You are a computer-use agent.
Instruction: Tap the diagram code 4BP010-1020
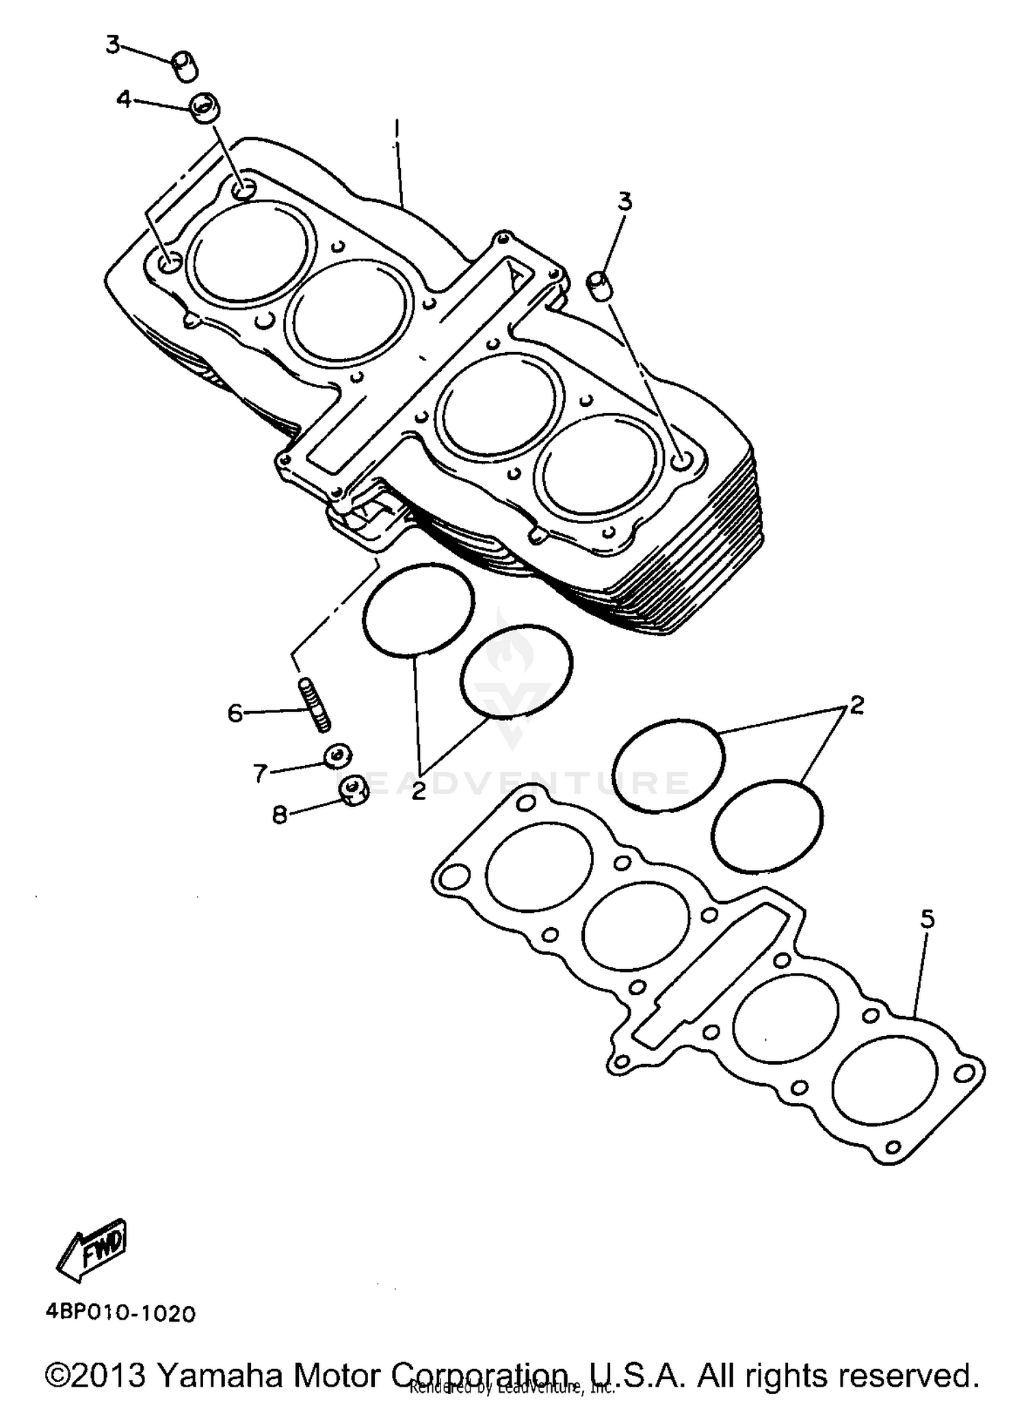coord(120,1313)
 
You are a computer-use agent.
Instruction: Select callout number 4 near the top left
coord(123,100)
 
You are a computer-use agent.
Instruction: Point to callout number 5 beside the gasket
coord(927,920)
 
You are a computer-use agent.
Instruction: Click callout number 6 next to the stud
coord(235,714)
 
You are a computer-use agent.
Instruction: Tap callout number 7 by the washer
coord(260,773)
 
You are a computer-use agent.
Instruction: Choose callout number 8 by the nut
coord(279,814)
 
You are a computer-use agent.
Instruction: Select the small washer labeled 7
coord(338,756)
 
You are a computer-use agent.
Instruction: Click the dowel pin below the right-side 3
coord(601,284)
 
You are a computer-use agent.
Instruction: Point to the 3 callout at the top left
coord(113,46)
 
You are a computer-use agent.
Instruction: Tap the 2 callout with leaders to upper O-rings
coord(419,791)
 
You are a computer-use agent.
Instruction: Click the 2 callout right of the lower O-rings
coord(856,705)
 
